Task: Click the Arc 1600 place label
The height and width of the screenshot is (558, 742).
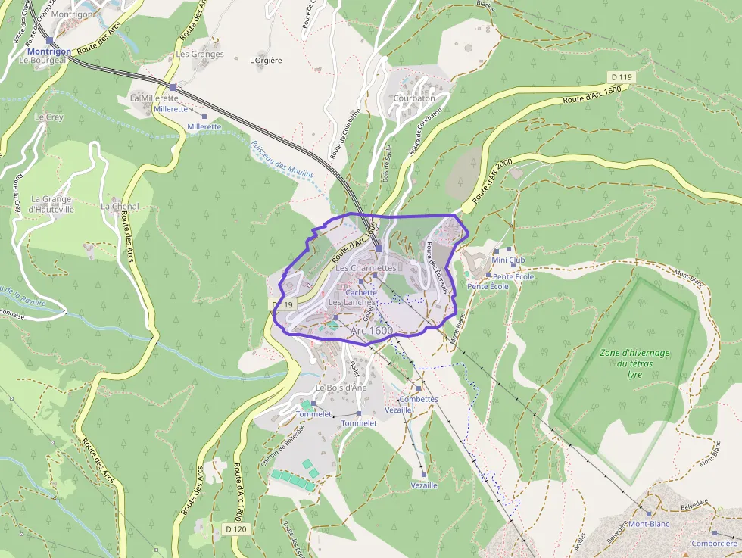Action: click(372, 331)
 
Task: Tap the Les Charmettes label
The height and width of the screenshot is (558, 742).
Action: click(366, 268)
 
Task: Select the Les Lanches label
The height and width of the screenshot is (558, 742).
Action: click(351, 303)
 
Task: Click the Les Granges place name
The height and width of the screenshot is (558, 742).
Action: click(200, 55)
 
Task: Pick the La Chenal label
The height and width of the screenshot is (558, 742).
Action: click(120, 207)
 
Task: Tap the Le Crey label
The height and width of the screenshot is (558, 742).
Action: click(50, 117)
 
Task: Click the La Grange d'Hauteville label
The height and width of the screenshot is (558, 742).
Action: click(51, 204)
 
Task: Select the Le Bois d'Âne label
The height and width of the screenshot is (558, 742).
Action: click(341, 388)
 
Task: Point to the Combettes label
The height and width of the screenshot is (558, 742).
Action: click(418, 399)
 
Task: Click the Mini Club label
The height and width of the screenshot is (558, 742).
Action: click(508, 260)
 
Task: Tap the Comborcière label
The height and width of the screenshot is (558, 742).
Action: click(714, 543)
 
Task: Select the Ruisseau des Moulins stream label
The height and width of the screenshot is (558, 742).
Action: click(282, 160)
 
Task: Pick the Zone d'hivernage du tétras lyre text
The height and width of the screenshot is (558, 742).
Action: click(634, 363)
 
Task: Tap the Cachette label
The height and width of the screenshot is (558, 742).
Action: click(361, 292)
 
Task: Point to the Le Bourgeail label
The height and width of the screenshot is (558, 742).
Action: click(45, 61)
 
